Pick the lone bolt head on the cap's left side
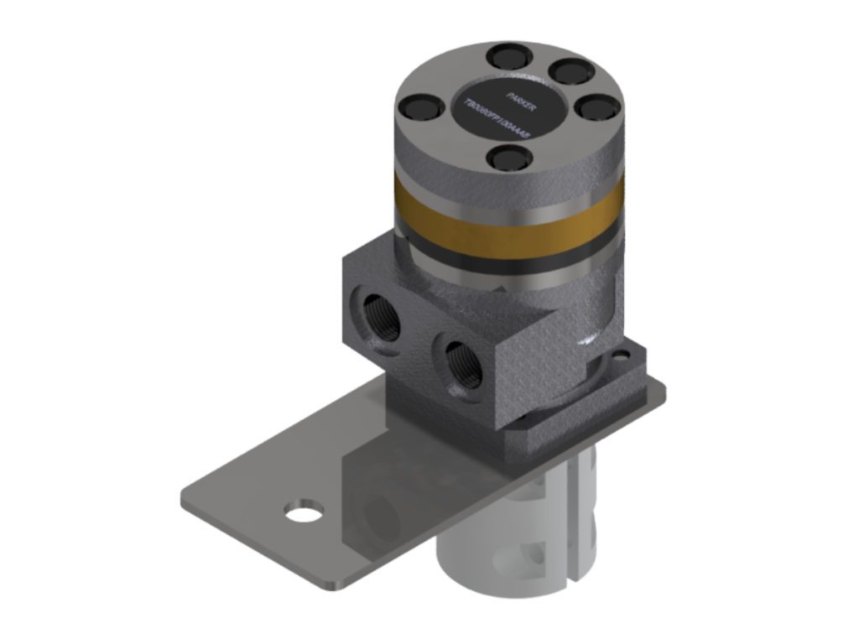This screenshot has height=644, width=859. pos(417,108)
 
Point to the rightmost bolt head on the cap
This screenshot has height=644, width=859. pos(597,106)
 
